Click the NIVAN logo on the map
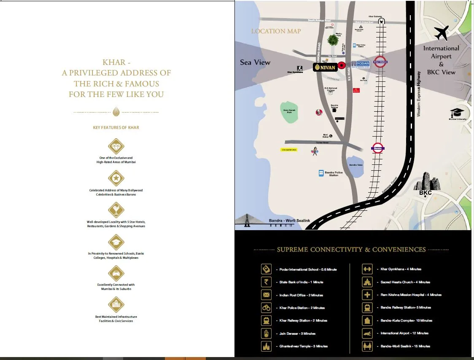324,67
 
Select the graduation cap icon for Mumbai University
457,113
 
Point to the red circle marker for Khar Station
380,62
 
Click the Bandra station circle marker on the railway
378,148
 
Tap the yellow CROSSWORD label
289,150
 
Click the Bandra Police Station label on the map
333,173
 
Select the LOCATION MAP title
276,31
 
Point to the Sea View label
255,62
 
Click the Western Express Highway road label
419,94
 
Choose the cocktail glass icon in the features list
116,210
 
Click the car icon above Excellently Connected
116,273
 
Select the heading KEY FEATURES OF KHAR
116,127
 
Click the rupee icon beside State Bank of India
266,282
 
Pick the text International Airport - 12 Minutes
404,333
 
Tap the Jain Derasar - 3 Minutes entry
297,333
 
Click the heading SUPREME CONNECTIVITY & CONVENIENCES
351,250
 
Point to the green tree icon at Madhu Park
333,40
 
